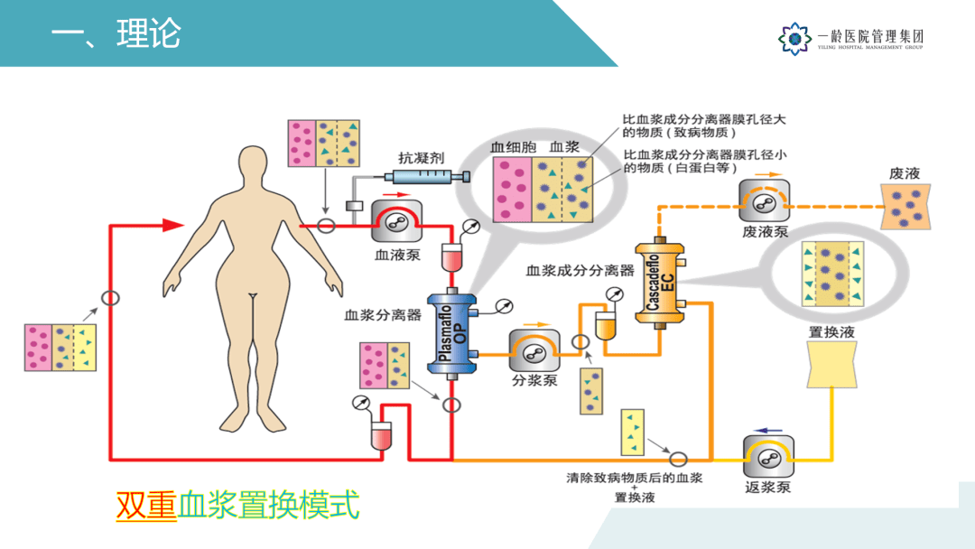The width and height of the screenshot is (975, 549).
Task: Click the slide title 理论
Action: coord(149,34)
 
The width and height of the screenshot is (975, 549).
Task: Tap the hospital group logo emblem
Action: coord(794,38)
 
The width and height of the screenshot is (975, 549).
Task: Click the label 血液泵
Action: coord(397,254)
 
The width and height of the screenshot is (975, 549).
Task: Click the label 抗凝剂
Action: coord(422,156)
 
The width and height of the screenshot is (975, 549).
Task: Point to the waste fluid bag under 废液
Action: coord(905,207)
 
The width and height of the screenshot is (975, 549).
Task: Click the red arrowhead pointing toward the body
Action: coord(172,225)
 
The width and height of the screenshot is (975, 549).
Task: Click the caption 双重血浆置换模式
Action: coord(237,505)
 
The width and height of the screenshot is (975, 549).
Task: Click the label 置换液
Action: coord(831,331)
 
